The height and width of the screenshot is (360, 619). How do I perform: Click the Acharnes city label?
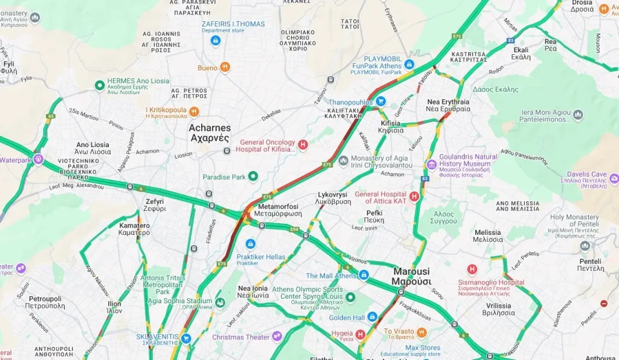[x=209, y=132]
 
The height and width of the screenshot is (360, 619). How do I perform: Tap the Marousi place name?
[x=411, y=276]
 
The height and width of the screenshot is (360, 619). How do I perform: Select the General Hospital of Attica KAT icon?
[x=415, y=196]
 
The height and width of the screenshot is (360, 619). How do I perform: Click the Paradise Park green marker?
[x=253, y=176]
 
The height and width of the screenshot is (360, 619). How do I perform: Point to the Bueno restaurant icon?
[x=225, y=67]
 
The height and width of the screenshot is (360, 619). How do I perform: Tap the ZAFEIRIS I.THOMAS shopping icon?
[x=215, y=40]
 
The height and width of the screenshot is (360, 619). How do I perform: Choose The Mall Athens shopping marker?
[x=364, y=275]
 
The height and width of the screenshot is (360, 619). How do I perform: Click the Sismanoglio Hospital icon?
[x=472, y=269]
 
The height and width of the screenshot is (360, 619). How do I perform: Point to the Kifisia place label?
[x=391, y=126]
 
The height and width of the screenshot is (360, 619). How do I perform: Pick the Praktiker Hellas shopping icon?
[x=251, y=244]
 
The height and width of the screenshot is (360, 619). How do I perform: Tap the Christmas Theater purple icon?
[x=277, y=336]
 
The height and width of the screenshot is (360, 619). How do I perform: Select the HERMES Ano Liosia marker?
[x=99, y=85]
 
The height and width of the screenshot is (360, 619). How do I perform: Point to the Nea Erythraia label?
[x=448, y=105]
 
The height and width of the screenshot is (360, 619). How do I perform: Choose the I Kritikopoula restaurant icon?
[x=194, y=111]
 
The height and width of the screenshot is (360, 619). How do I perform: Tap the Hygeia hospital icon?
[x=361, y=334]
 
